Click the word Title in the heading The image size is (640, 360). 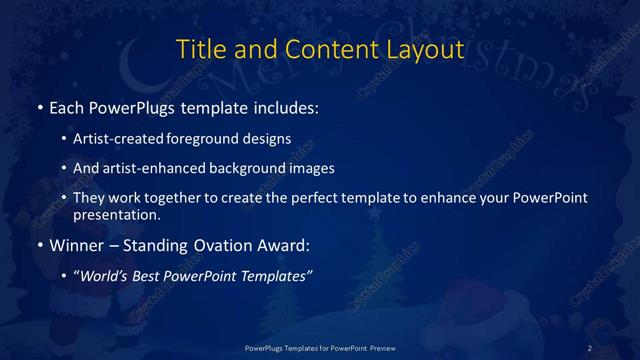(x=198, y=49)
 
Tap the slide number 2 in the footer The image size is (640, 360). (x=590, y=347)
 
